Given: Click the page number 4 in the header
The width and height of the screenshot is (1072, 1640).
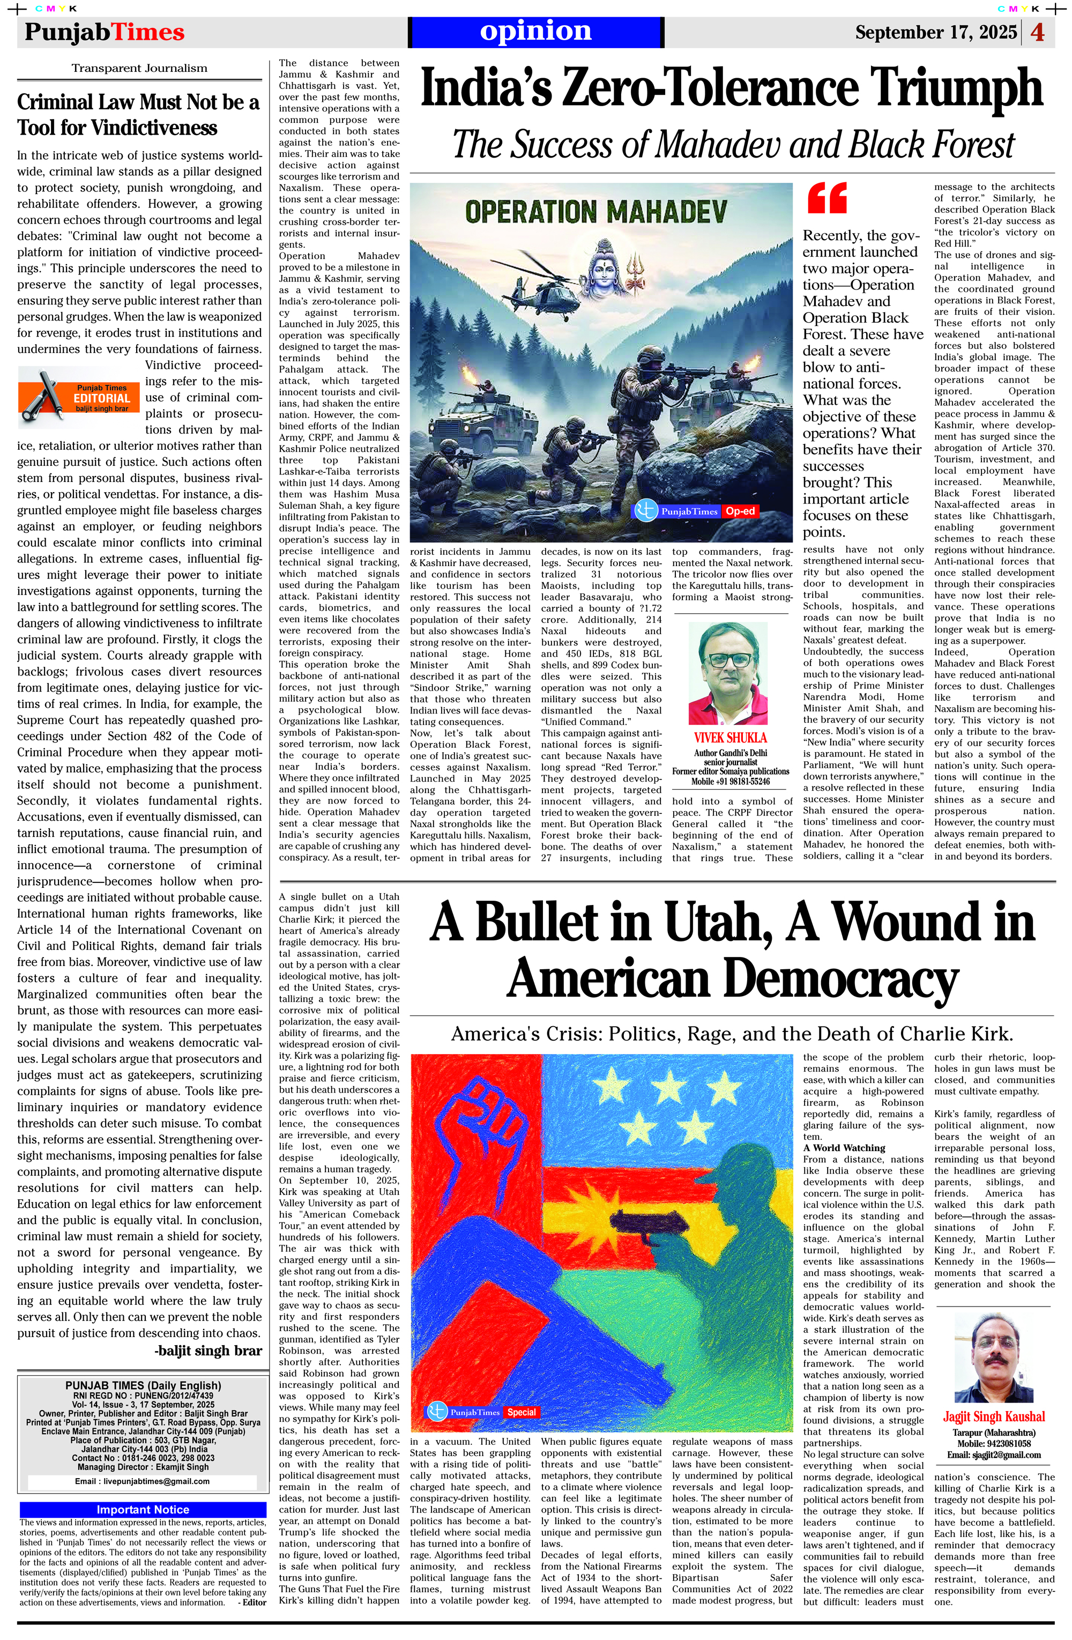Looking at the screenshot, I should [1038, 32].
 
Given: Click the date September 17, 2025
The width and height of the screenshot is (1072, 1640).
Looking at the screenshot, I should [936, 32].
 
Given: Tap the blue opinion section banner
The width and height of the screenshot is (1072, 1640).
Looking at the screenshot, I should [535, 32].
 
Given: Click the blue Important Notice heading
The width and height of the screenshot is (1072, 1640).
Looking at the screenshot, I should [143, 1510].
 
